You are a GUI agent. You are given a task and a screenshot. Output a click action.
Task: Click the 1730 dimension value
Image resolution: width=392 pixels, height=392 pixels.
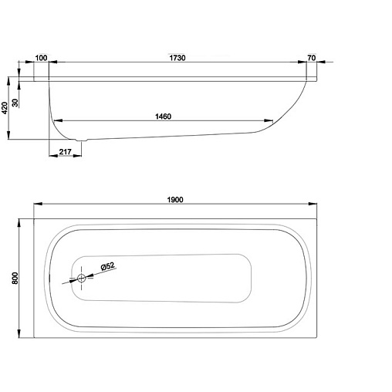[x=177, y=58]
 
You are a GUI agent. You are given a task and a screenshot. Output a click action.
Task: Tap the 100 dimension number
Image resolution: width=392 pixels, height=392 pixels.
[x=41, y=58]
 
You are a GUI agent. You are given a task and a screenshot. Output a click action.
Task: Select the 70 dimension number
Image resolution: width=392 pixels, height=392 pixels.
[x=312, y=58]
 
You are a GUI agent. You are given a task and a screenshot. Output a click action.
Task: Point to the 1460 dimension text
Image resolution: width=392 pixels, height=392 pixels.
[x=163, y=117]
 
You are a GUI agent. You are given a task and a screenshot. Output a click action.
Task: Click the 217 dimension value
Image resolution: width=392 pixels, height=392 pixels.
[x=65, y=152]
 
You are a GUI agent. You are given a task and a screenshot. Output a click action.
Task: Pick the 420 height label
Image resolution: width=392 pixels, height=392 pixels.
[x=5, y=108]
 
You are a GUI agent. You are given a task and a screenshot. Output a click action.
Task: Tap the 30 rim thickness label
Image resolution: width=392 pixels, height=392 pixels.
[x=15, y=103]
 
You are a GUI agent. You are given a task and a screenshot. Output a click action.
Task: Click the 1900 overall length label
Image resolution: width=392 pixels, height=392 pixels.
[x=175, y=200]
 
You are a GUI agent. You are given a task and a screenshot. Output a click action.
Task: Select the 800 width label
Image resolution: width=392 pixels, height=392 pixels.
[x=15, y=278]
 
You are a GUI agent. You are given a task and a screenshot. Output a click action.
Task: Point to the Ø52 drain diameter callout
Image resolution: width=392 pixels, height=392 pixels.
[x=108, y=266]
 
